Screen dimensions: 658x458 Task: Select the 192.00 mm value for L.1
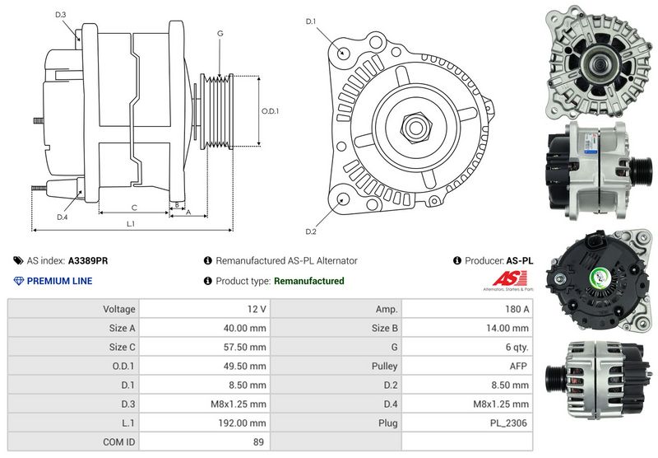tap(242, 423)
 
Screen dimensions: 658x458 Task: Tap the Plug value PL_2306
tap(508, 423)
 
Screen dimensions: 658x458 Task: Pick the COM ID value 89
tap(258, 442)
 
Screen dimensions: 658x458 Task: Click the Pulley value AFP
tap(518, 366)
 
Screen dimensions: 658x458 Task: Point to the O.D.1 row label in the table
tap(123, 366)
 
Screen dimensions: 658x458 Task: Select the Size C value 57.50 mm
tap(244, 347)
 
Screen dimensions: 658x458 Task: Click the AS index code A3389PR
tap(88, 260)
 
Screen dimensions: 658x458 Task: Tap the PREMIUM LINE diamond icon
tap(19, 281)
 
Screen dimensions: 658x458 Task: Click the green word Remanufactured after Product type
tap(309, 281)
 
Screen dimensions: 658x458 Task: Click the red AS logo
tap(510, 278)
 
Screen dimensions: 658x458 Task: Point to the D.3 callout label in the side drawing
tap(60, 15)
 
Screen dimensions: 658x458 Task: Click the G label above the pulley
tap(220, 34)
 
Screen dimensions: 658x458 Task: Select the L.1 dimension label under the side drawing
tap(131, 224)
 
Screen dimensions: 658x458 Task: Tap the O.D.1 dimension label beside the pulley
tap(270, 111)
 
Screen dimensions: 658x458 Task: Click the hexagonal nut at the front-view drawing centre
tap(416, 127)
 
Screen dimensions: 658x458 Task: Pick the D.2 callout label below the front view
tap(311, 231)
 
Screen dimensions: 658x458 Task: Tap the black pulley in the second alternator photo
tap(641, 171)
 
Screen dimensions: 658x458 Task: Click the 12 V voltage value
tap(257, 309)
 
